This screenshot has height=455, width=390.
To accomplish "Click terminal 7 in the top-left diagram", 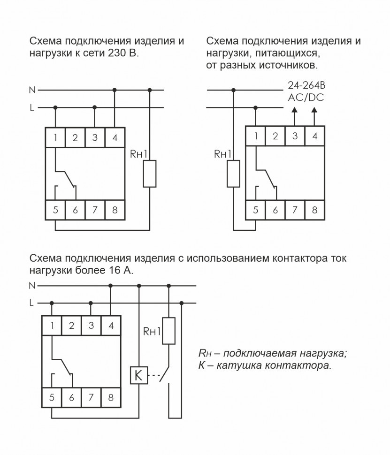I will pos(95,210).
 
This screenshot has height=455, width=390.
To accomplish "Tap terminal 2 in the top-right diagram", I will pos(275,136).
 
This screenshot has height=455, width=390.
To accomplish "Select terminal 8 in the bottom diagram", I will pos(111,398).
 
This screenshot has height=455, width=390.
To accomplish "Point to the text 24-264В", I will pos(306,85).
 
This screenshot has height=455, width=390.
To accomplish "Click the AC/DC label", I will pos(306,98).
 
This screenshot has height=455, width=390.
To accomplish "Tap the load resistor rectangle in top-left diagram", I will pos(149,174).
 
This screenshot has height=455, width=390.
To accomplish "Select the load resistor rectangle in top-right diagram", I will pos(233,174).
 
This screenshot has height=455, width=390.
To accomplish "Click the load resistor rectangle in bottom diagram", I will pos(169,331).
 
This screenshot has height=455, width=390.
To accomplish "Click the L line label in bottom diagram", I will pos(32,303).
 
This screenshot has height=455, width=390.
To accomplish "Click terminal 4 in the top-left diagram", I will pos(115,137).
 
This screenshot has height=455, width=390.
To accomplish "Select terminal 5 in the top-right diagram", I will pos(255,210).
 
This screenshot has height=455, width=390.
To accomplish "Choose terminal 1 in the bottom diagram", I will pos(52,326).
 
